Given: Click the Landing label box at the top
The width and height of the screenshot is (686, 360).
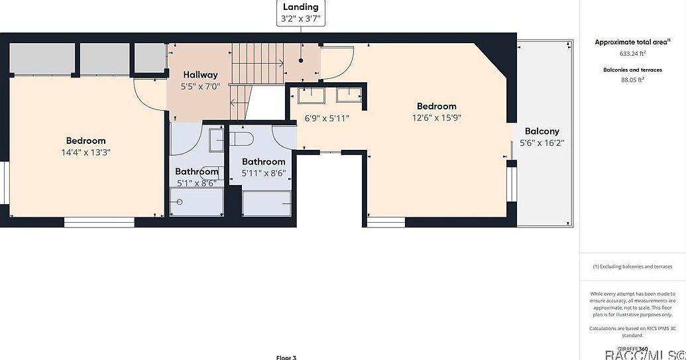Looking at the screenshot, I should point(301,13).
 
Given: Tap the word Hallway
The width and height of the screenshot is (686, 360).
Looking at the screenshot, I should point(200,75).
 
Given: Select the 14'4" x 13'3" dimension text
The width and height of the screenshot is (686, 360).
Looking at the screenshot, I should point(86,152).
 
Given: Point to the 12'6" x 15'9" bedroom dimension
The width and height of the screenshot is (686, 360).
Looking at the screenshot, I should point(436,117).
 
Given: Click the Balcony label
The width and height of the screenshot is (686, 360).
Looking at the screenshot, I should point(542,131).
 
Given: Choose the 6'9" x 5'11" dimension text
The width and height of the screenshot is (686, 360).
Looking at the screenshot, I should point(327,118).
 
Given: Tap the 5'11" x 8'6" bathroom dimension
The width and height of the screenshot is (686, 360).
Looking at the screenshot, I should point(263,173).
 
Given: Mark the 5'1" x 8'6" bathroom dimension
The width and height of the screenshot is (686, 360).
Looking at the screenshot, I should point(196,183).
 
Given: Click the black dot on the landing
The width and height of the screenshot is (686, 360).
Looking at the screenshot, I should point(301,60).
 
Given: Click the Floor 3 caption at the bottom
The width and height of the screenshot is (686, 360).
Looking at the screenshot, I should point(286,357).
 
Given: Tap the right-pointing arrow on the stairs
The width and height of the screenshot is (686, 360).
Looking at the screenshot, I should point(280,64).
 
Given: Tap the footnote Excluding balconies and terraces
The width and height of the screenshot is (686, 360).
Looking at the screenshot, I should point(632,267).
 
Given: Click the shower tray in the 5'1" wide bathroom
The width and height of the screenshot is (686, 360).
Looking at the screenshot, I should point(196,202).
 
